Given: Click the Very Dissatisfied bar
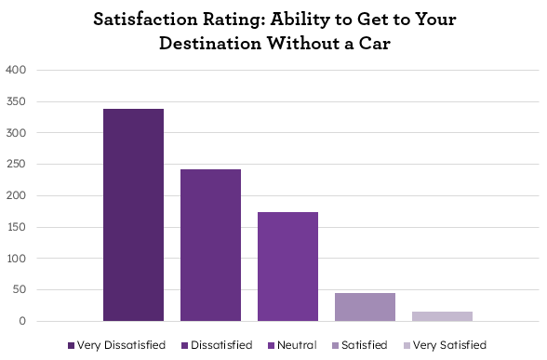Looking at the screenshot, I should [x=133, y=215].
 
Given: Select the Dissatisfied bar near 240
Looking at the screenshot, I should [x=210, y=246].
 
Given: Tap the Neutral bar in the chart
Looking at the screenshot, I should [x=287, y=267].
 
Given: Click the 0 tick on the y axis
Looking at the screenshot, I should [x=24, y=322].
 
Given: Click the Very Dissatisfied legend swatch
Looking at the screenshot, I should [x=71, y=345].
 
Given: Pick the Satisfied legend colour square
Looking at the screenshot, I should [x=334, y=345].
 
